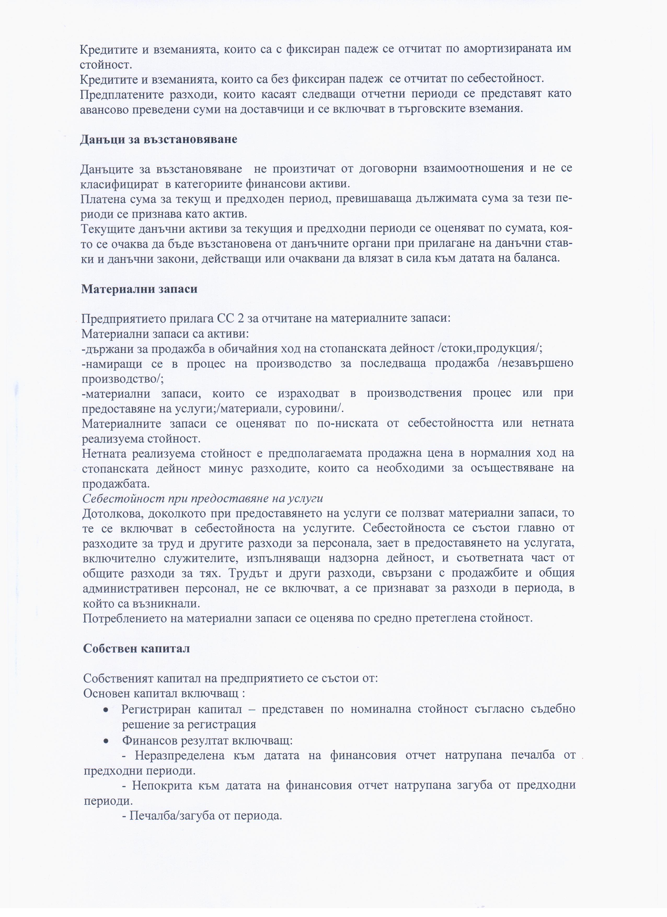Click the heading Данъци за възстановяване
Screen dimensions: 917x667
click(x=159, y=140)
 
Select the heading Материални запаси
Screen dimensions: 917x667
click(x=140, y=289)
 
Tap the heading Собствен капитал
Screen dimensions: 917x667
click(x=137, y=648)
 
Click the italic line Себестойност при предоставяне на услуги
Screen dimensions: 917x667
click(x=203, y=498)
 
